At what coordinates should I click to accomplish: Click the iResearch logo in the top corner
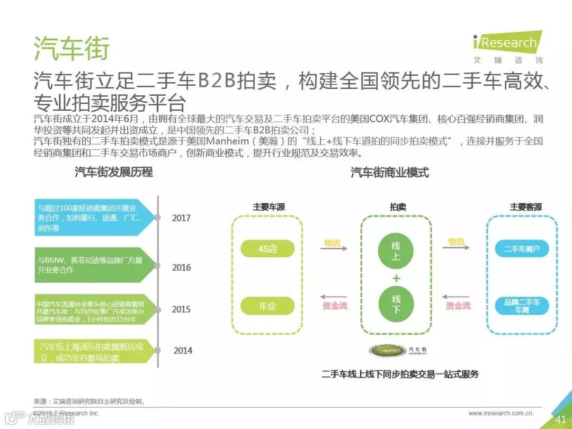point(507,47)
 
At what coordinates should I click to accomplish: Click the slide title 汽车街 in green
point(71,49)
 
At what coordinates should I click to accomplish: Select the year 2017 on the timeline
point(181,218)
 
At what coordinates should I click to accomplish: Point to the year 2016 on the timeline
point(181,267)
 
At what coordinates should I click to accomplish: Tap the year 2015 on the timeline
point(181,309)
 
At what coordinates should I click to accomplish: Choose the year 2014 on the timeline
point(183,351)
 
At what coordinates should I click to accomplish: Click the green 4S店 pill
point(267,248)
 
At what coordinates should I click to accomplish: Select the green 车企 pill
point(267,306)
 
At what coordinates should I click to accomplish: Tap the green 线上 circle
point(396,252)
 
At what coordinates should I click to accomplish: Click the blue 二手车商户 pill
point(522,248)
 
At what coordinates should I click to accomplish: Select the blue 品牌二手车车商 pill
point(522,306)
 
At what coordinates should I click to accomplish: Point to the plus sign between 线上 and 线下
point(396,278)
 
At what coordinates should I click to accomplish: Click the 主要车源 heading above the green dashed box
point(269,207)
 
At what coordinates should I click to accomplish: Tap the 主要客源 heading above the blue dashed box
point(525,207)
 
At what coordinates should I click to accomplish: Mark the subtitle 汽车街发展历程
point(114,172)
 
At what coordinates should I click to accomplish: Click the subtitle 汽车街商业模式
point(389,173)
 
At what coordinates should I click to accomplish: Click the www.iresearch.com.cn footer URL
point(500,413)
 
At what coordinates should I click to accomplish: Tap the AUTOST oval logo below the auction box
point(387,351)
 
